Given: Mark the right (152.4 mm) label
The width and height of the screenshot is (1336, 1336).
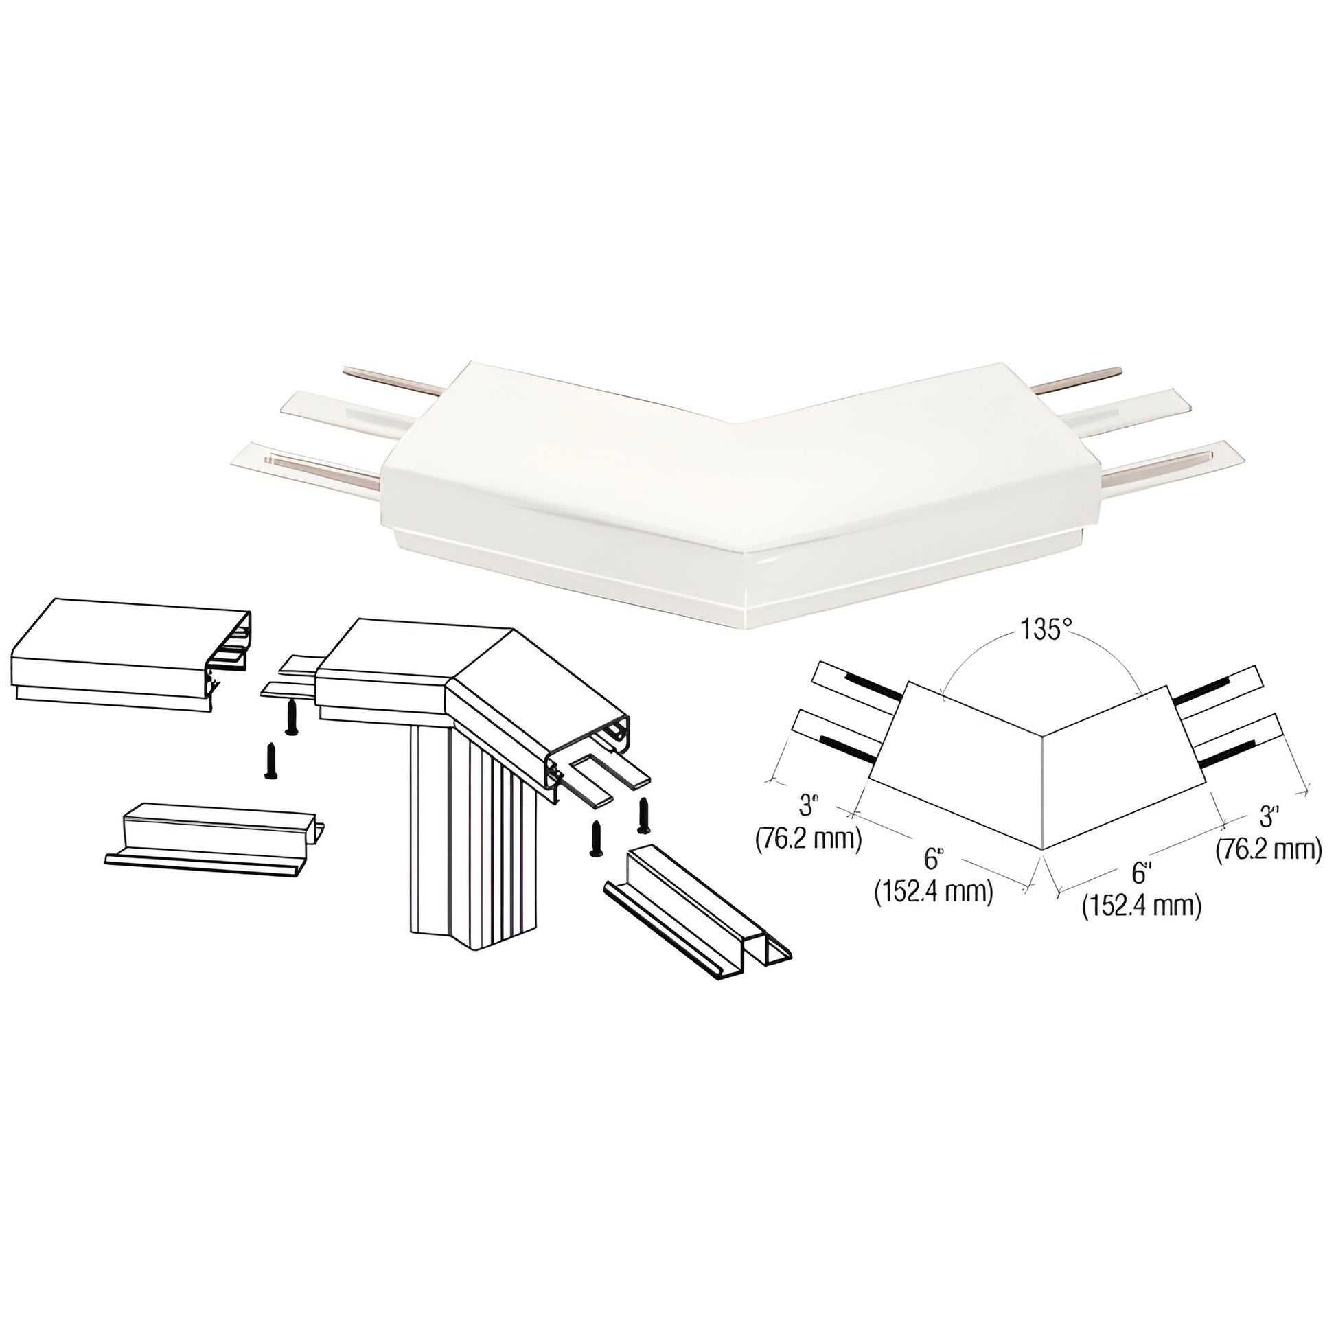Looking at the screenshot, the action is click(x=1141, y=905).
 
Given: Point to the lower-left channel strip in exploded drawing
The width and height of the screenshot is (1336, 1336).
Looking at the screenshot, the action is click(x=215, y=841).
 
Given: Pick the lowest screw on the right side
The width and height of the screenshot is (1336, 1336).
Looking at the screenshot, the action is click(x=594, y=838).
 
